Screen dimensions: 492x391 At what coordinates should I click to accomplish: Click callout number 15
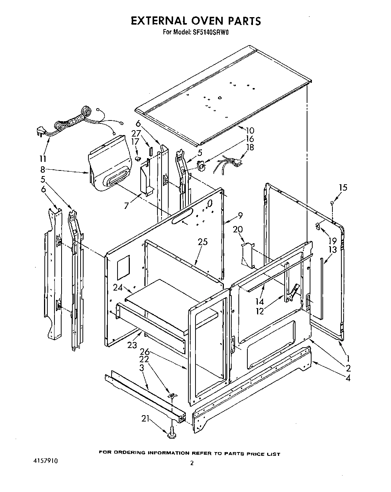342,187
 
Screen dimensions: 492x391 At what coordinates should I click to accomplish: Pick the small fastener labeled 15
331,203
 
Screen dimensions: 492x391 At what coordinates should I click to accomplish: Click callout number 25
203,242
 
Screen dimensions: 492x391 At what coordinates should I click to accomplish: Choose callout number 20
238,229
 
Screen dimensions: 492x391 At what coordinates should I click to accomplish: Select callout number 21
146,419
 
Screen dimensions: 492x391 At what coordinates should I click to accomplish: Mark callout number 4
347,378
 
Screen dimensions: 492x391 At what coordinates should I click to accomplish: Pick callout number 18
250,147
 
